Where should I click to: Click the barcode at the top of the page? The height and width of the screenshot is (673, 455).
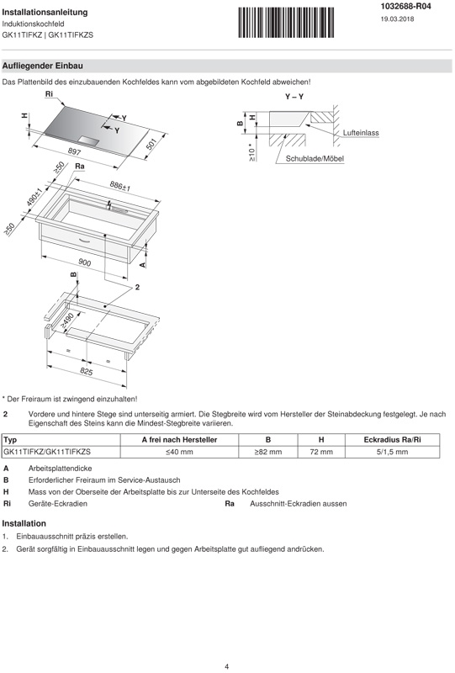pyautogui.click(x=286, y=23)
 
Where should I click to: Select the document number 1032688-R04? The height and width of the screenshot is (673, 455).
pyautogui.click(x=405, y=7)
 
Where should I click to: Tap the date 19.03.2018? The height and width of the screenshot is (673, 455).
pyautogui.click(x=397, y=19)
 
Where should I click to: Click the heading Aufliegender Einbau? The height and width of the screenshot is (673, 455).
pyautogui.click(x=43, y=66)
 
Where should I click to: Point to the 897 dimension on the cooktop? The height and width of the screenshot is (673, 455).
pyautogui.click(x=74, y=151)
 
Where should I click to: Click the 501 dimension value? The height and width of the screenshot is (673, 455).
pyautogui.click(x=151, y=144)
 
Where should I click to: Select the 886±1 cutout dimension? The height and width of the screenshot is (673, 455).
pyautogui.click(x=119, y=186)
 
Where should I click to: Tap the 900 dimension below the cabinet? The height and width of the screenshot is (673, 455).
pyautogui.click(x=85, y=262)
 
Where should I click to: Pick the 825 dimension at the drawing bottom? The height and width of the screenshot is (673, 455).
pyautogui.click(x=87, y=371)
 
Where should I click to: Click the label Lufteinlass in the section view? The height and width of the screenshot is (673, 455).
pyautogui.click(x=361, y=133)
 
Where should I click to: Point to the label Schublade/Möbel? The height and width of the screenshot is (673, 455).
pyautogui.click(x=315, y=159)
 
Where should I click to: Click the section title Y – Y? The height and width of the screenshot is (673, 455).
pyautogui.click(x=294, y=97)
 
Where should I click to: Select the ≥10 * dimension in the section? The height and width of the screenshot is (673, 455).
pyautogui.click(x=251, y=152)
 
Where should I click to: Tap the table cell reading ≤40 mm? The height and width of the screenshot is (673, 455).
pyautogui.click(x=179, y=452)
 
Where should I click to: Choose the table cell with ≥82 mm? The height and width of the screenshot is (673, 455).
pyautogui.click(x=267, y=452)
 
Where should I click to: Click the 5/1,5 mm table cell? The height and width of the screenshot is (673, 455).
pyautogui.click(x=392, y=452)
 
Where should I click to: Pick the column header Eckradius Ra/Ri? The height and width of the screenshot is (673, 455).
pyautogui.click(x=392, y=440)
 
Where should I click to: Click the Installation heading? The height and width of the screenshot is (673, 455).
pyautogui.click(x=24, y=523)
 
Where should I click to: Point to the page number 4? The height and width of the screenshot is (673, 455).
pyautogui.click(x=226, y=666)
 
